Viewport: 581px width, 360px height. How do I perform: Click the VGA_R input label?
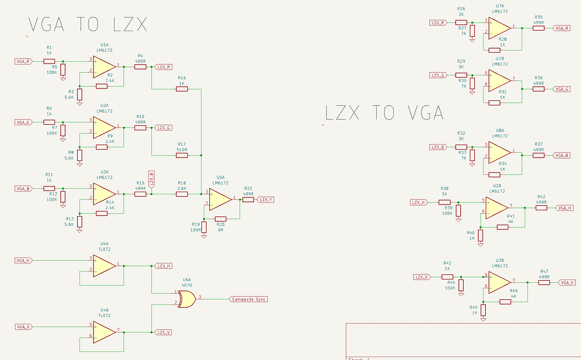(24, 61)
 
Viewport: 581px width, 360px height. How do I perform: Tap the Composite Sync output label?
(249, 299)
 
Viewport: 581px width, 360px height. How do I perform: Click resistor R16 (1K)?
(182, 89)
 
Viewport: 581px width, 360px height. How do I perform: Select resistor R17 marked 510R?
(182, 155)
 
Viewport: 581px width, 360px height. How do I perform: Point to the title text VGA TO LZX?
(88, 25)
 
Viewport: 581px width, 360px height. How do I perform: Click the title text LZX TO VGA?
(384, 112)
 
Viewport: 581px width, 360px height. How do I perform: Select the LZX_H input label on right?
(419, 202)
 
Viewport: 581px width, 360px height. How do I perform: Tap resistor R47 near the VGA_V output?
(544, 282)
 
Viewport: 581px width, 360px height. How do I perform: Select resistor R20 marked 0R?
(221, 219)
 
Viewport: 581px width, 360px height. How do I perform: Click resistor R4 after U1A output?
(140, 66)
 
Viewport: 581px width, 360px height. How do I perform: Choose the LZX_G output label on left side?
(164, 128)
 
